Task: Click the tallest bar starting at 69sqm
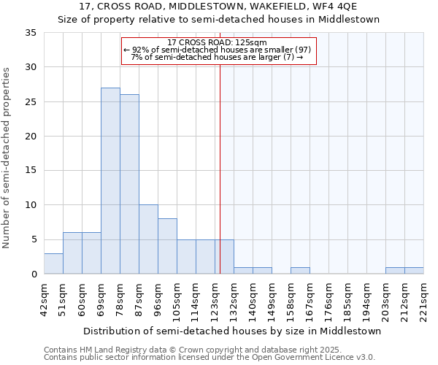pos(110,181)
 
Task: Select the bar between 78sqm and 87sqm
pos(129,184)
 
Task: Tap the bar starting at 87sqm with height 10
pos(148,239)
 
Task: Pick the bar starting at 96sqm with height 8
pos(167,246)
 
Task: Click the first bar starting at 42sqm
pos(53,264)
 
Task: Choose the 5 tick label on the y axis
pos(34,240)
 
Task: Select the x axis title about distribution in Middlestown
pos(232,331)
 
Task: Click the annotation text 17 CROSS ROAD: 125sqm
pos(218,42)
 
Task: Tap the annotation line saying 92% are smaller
pos(218,50)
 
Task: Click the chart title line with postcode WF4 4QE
pos(218,7)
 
